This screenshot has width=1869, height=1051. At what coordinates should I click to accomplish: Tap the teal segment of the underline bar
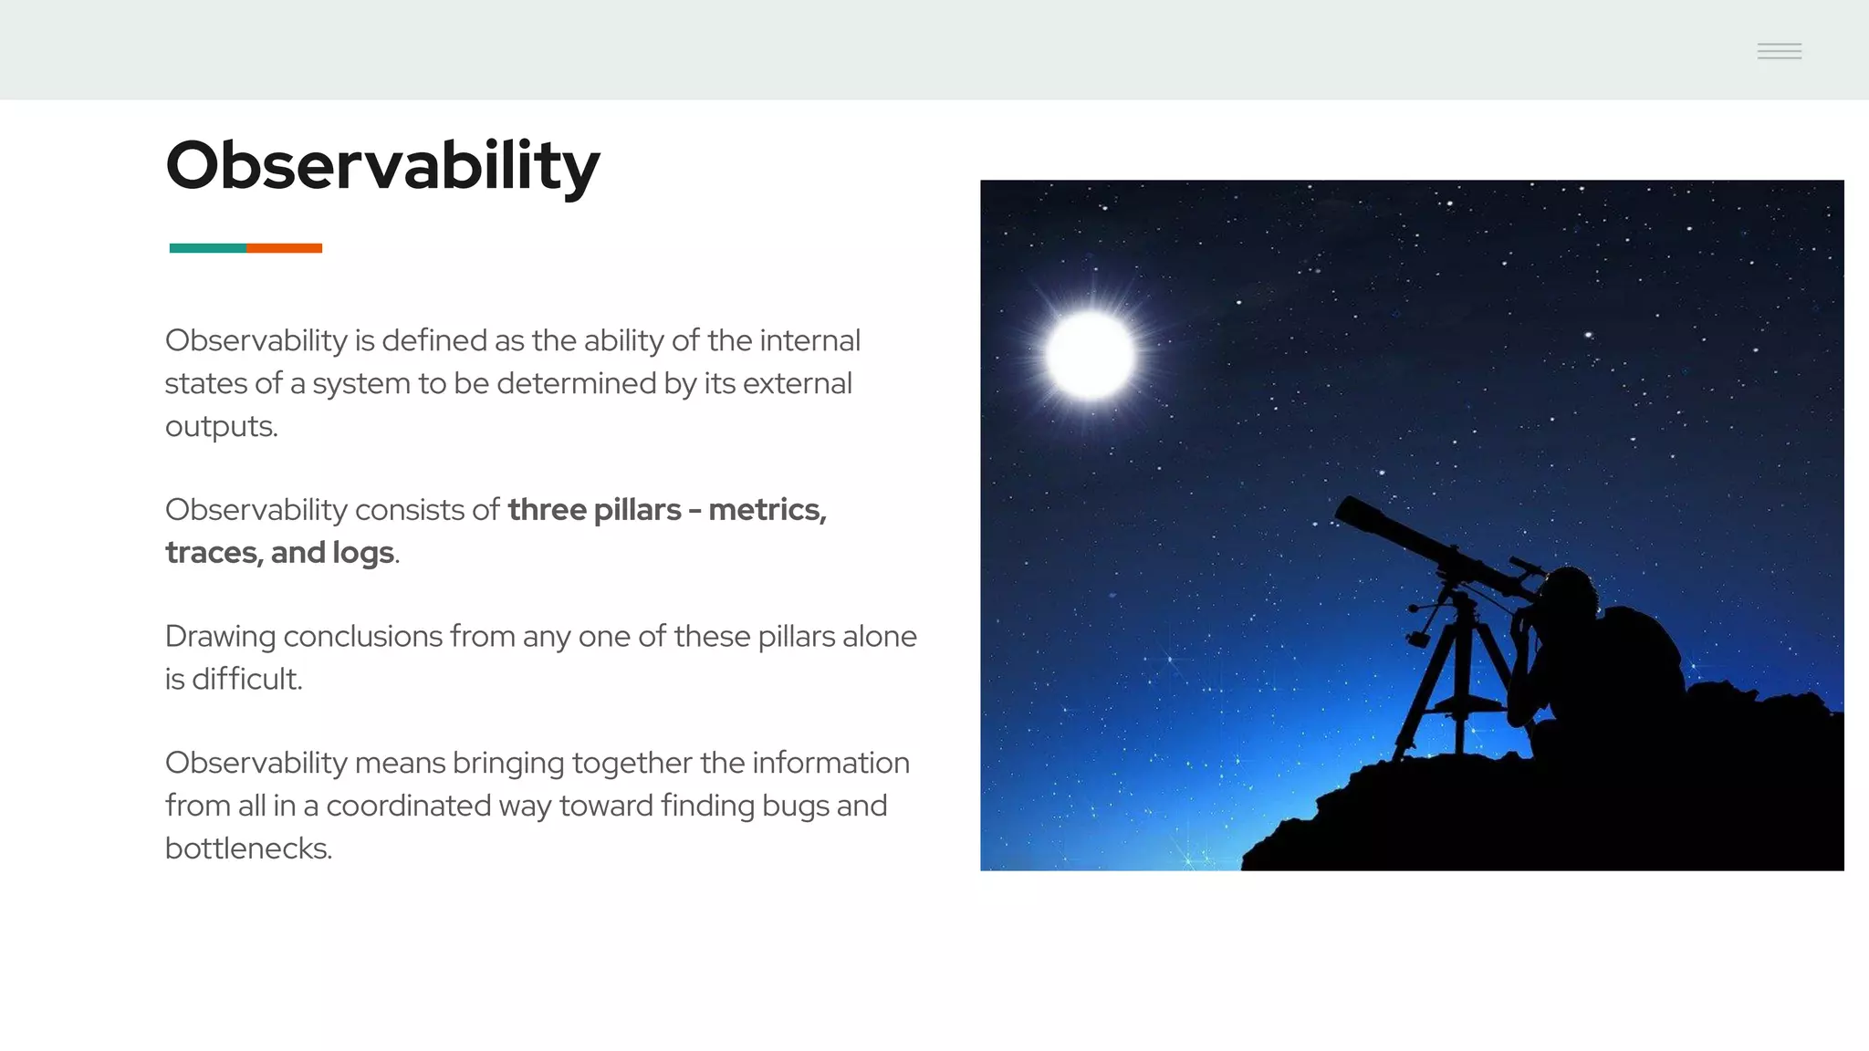tap(207, 248)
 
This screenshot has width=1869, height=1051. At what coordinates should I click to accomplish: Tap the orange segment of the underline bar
tap(284, 248)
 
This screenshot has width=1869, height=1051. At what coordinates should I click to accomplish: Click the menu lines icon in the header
tap(1779, 51)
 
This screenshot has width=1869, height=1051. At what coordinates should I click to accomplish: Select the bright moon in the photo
tap(1090, 355)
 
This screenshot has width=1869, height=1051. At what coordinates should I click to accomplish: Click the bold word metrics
tap(767, 509)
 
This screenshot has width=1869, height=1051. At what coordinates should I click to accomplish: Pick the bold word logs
tap(363, 553)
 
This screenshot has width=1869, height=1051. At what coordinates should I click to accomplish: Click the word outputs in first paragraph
tap(220, 426)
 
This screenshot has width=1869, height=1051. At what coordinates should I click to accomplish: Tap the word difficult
tap(246, 679)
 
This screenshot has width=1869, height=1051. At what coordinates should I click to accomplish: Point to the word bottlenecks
tap(247, 848)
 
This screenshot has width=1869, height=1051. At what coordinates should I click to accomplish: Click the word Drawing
tap(220, 636)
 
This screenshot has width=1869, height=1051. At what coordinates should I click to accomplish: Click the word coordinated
tap(423, 806)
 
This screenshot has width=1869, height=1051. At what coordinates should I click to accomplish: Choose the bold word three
tap(547, 509)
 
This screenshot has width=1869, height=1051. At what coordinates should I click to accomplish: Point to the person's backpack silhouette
tap(1643, 648)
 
